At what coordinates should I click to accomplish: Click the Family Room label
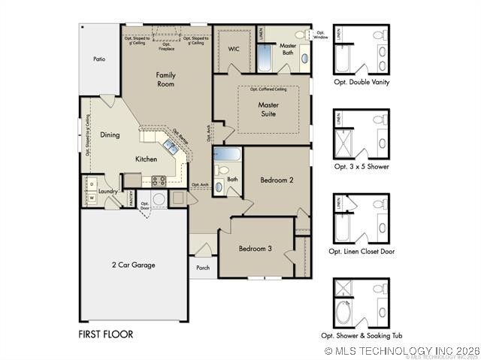point(165,80)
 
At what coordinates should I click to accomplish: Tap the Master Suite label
point(268,110)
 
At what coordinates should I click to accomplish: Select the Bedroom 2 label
point(276,180)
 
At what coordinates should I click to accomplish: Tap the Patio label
point(99,59)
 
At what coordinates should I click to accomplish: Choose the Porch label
point(203,268)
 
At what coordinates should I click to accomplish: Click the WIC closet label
point(234,49)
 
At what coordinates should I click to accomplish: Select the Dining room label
point(110,135)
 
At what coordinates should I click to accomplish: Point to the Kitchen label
point(146,159)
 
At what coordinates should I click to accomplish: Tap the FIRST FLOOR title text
point(106,334)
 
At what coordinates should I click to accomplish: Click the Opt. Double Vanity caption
point(362,82)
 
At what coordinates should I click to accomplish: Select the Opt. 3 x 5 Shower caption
point(362,166)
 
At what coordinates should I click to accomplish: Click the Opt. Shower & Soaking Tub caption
point(362,335)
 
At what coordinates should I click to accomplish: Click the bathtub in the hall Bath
point(226,155)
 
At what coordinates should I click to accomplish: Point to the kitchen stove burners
point(159,180)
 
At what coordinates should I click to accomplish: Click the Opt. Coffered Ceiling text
point(268,89)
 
